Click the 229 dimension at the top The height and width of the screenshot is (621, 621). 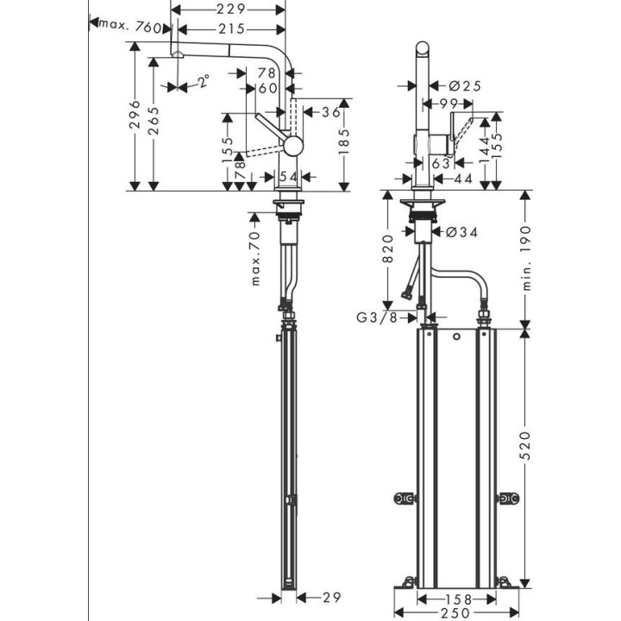(x=230, y=9)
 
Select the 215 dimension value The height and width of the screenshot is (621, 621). (x=230, y=28)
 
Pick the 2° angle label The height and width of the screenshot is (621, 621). (x=203, y=82)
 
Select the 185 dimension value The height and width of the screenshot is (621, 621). (x=344, y=143)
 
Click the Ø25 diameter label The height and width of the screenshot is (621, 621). (x=465, y=85)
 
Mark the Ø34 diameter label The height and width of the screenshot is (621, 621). (x=463, y=231)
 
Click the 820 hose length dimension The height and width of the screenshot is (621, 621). (x=388, y=250)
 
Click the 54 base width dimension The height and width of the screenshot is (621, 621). (x=289, y=176)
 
